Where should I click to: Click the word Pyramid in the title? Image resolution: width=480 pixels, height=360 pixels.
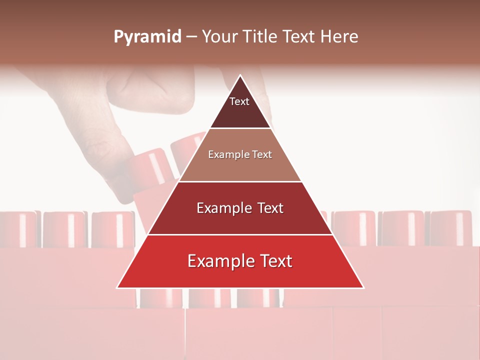tap(147, 37)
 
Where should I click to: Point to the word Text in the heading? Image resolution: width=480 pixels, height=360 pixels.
tap(299, 37)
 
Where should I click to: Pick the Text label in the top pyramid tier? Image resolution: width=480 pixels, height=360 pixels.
tap(239, 101)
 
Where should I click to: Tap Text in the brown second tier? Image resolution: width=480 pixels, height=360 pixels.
tap(262, 155)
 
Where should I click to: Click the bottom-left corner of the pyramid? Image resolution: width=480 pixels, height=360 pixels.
tap(117, 287)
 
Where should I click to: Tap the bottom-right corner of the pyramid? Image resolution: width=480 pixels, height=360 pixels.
tap(363, 287)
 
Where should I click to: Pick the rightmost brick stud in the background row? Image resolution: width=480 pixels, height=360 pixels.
tap(451, 228)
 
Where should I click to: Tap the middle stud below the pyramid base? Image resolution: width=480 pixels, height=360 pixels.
tap(209, 298)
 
